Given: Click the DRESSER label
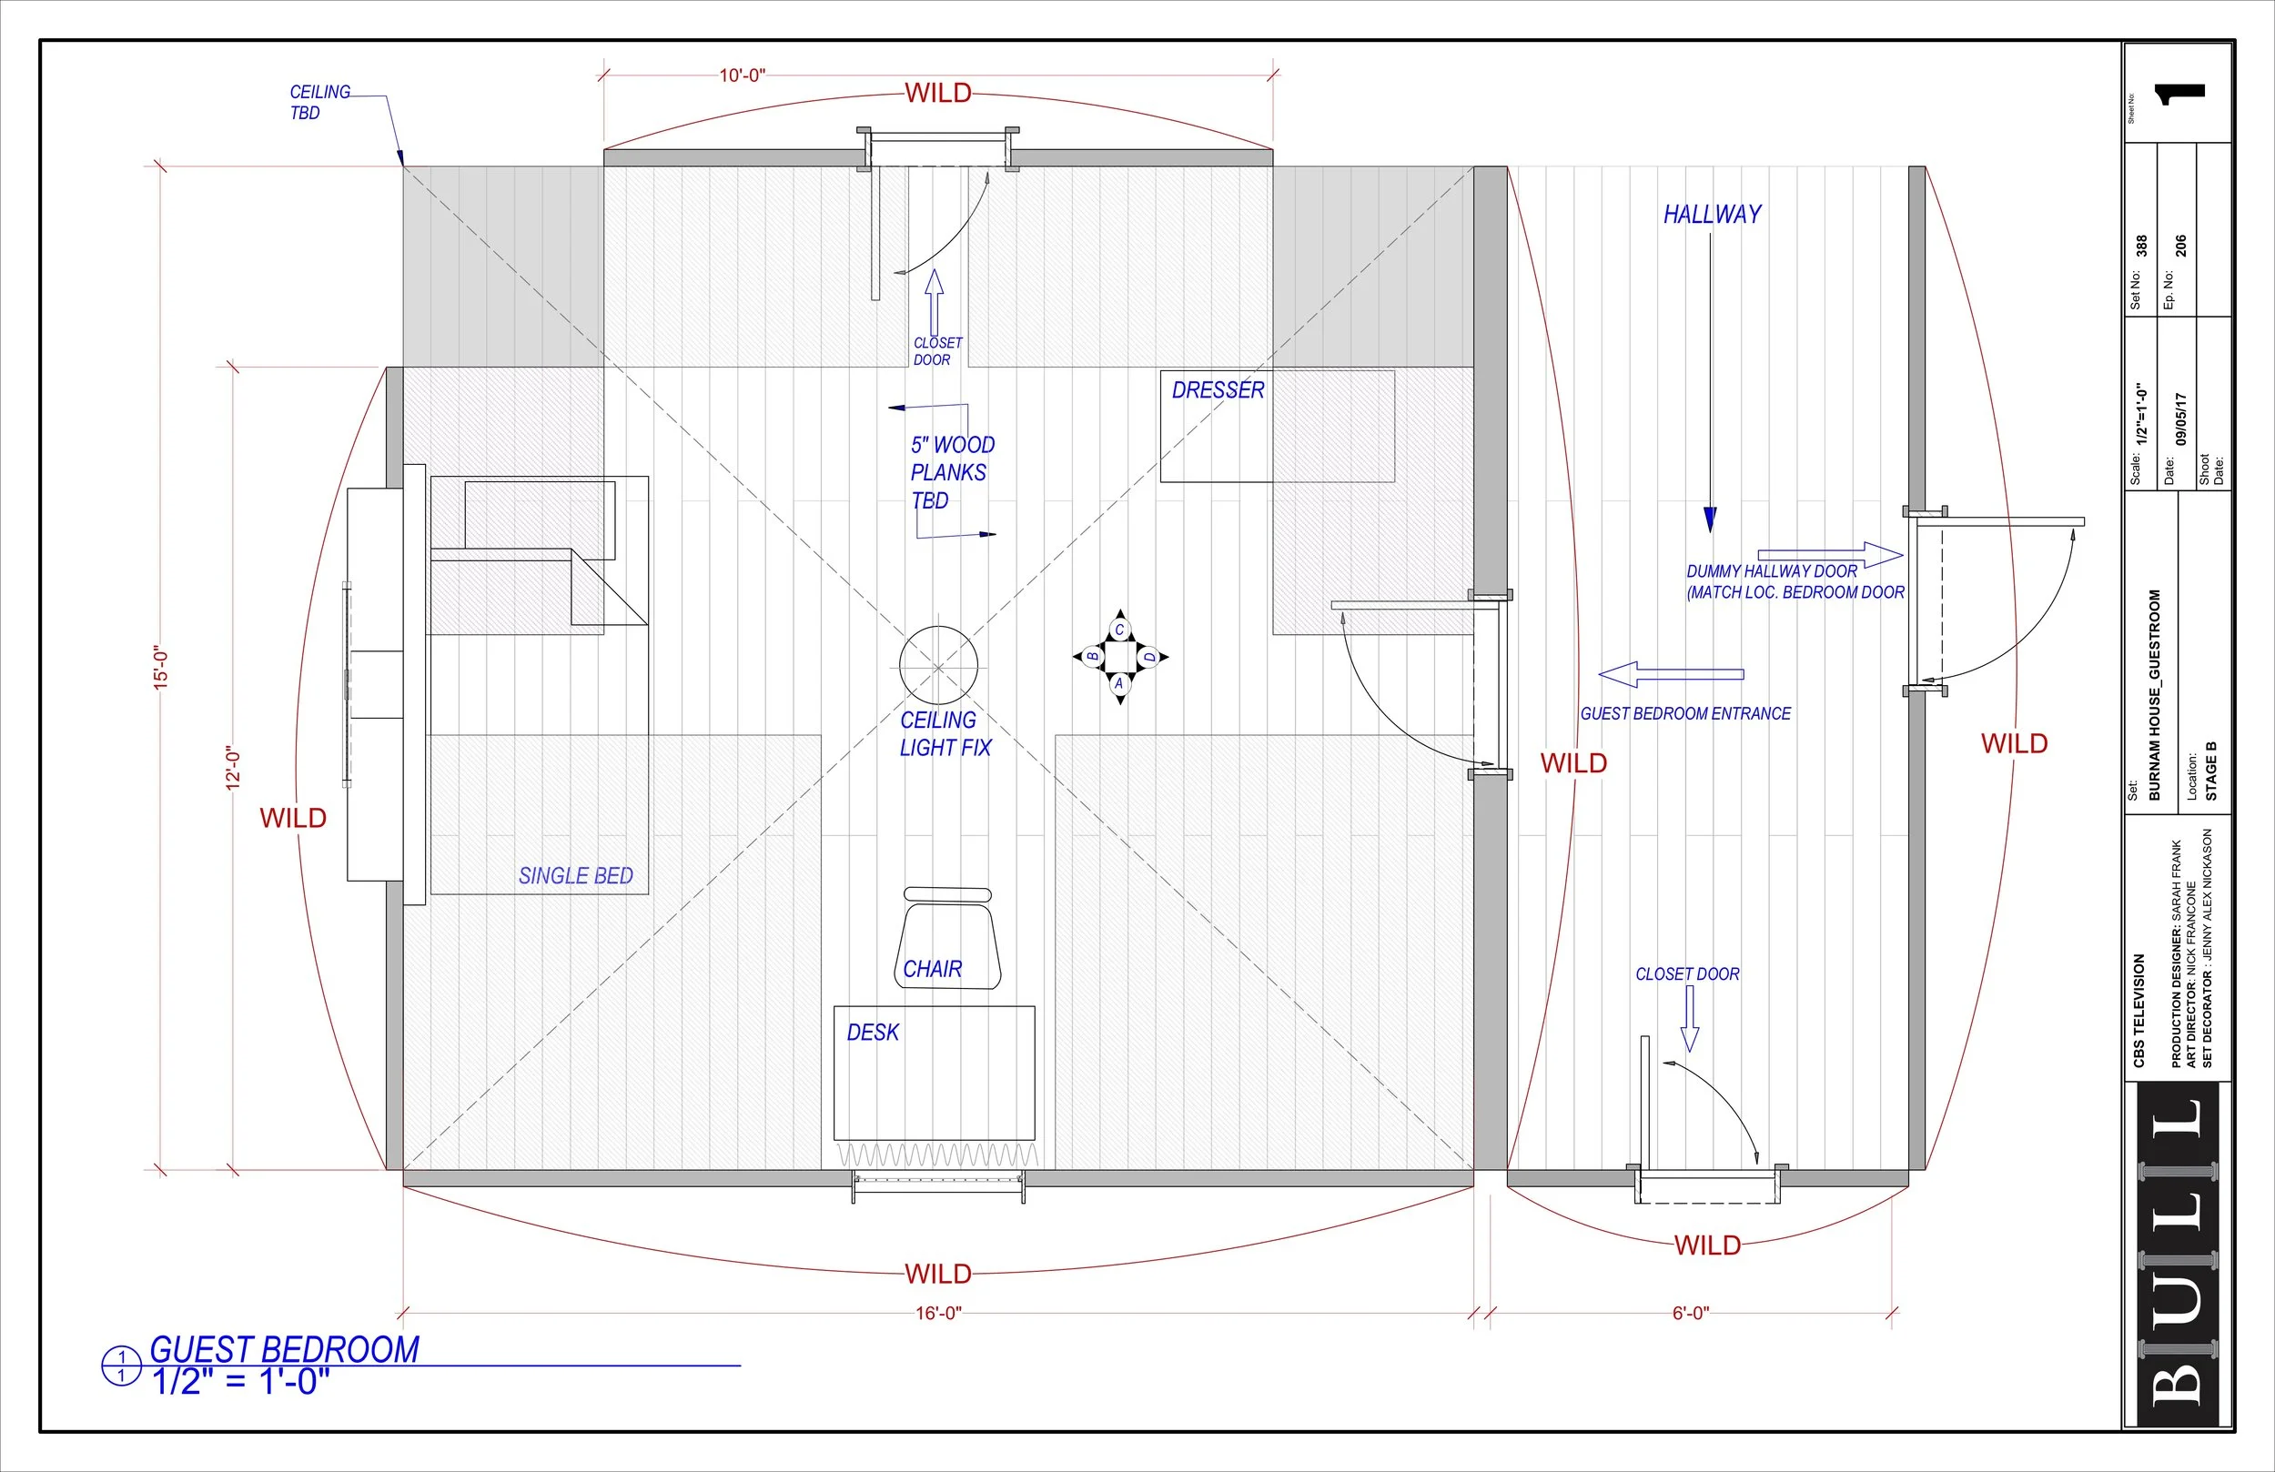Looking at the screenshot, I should coord(1217,390).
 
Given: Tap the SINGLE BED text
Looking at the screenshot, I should coord(575,875).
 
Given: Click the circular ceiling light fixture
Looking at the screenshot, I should coord(937,665).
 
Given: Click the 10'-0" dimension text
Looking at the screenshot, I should coord(742,76).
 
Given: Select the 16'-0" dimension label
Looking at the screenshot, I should coord(937,1314).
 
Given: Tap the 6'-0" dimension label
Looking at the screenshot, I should coord(1690,1314).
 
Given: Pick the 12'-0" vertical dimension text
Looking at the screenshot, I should coord(233,768).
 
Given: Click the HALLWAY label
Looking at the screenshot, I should coord(1712,215).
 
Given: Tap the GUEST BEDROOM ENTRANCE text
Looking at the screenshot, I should coord(1685,714).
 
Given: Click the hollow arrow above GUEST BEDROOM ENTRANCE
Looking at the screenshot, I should coord(1670,675).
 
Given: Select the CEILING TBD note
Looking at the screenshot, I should coord(318,102).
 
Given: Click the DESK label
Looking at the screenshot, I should coord(872,1033).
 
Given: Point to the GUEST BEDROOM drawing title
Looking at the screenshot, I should coord(285,1350).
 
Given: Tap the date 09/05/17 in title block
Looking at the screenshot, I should coord(2180,418).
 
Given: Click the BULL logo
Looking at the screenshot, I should coord(2180,1252).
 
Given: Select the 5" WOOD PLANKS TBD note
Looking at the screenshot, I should coord(951,472).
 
